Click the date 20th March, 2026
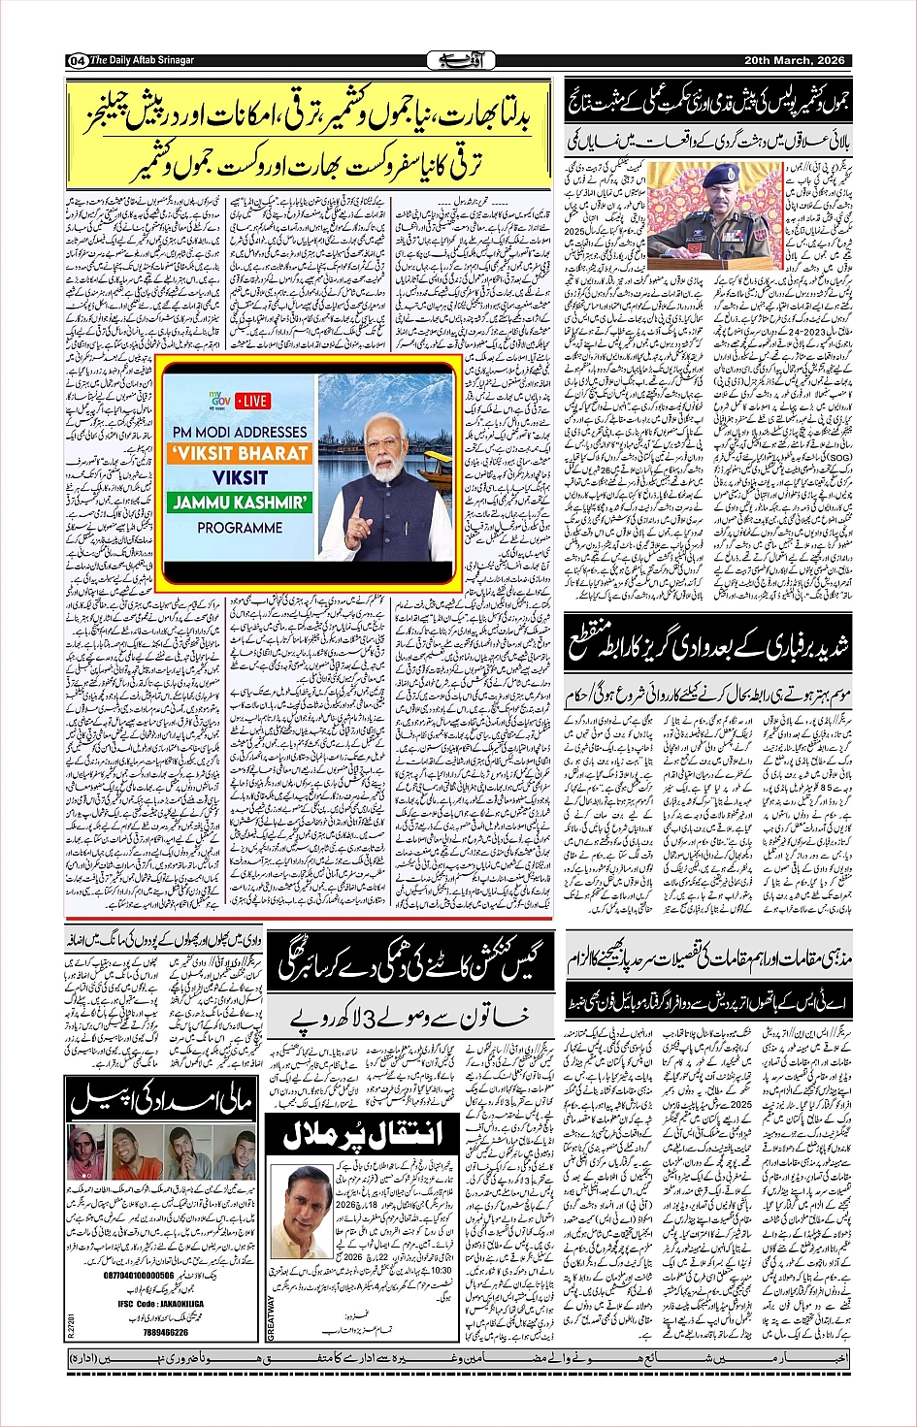(794, 60)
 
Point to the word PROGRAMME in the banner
(240, 528)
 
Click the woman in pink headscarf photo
(86, 1151)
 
